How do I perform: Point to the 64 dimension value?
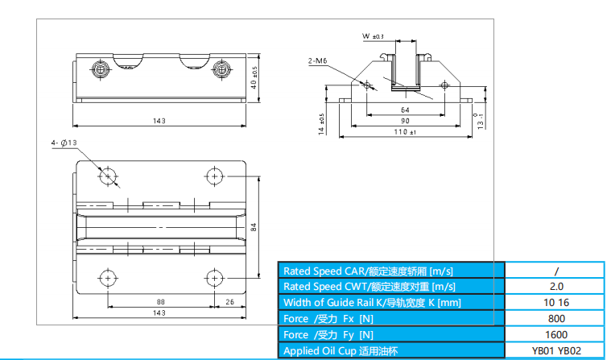[405, 110]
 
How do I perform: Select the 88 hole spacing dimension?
[161, 302]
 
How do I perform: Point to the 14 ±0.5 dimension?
[322, 125]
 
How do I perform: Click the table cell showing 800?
[555, 318]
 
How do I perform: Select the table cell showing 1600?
[555, 334]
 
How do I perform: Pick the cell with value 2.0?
[555, 286]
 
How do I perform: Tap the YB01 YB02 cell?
[555, 350]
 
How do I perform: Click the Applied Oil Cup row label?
[341, 350]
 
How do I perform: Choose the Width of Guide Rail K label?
[371, 302]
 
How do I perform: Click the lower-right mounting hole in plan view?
[214, 277]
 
